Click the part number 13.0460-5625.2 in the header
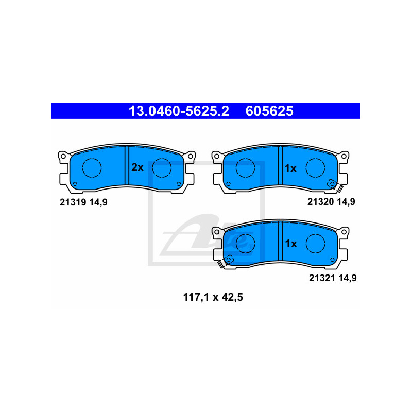pos(178,111)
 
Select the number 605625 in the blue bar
pos(269,111)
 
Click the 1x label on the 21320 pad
pos(290,168)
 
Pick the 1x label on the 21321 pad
pos(290,244)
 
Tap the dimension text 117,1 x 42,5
pos(213,297)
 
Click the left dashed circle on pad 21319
pos(93,167)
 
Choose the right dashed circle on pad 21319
pos(162,167)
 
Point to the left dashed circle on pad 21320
pos(245,167)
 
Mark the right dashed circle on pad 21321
pos(315,242)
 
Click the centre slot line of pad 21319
pos(126,165)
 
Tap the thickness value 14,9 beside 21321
pos(348,278)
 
